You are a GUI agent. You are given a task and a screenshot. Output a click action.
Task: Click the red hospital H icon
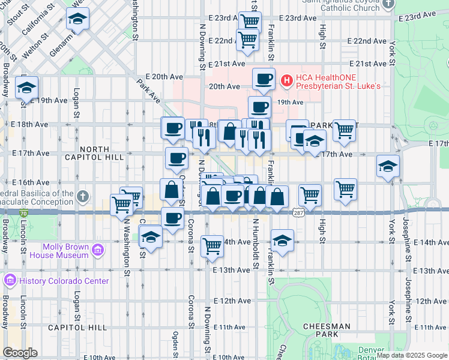287,79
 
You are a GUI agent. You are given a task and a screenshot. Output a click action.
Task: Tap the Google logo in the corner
20,353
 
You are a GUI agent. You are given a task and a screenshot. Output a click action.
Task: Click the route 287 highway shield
298,212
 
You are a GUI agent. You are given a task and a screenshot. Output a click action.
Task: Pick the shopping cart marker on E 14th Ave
212,245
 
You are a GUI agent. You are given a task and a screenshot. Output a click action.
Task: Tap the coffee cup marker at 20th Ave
263,79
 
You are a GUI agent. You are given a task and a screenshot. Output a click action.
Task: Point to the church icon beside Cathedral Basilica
84,195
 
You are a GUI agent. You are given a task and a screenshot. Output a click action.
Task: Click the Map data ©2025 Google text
411,355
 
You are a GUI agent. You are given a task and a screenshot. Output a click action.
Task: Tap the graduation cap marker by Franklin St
282,240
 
